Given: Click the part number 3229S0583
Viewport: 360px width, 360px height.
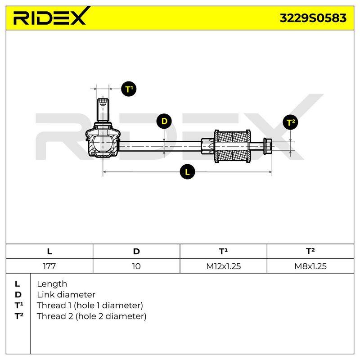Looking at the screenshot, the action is point(313,18).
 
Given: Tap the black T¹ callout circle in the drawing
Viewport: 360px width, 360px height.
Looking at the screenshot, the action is point(129,89).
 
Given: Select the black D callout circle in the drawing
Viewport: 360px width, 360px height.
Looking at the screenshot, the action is point(164,121).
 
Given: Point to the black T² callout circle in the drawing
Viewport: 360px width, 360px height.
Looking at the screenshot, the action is point(290,122).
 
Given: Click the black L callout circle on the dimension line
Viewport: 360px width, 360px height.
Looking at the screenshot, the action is point(187,172).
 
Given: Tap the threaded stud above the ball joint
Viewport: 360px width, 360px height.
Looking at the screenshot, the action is point(103,110).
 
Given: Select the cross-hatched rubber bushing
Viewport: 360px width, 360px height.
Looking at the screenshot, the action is point(232,147).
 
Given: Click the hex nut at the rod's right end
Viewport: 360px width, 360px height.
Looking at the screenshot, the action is point(268,146).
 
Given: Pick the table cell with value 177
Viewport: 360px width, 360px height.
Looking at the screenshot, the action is point(49,266).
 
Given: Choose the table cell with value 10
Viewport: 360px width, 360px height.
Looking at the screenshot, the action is point(136,266).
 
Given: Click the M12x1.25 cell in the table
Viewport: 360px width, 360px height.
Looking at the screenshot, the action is point(223,266).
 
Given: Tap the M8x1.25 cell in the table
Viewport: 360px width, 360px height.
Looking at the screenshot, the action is point(310,266).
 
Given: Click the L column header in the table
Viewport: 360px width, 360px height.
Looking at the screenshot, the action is point(49,252).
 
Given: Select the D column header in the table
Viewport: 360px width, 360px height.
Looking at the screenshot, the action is point(136,252).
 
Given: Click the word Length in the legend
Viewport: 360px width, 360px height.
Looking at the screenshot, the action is point(52,284).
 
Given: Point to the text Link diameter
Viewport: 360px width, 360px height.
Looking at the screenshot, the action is point(66,295).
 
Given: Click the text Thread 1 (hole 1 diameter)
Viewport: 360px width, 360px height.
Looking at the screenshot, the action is point(90,306).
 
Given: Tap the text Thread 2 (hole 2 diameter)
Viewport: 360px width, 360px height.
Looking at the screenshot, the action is point(91,316).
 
